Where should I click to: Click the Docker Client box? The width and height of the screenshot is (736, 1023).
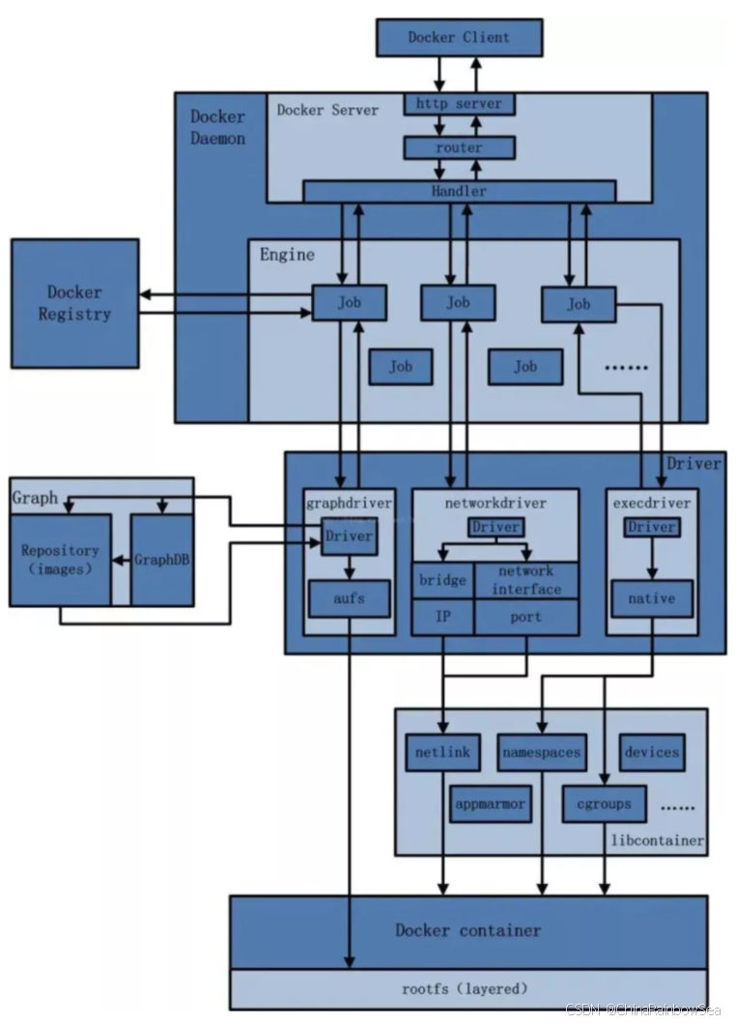[459, 38]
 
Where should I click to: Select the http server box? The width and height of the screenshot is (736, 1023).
[459, 103]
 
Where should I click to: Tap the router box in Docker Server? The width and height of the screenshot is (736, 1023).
[459, 148]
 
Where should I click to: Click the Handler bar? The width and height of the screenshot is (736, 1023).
[459, 191]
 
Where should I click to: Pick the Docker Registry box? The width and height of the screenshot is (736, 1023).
[74, 303]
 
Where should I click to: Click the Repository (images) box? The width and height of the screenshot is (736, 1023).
[60, 560]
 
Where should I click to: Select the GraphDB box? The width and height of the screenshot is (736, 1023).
[161, 560]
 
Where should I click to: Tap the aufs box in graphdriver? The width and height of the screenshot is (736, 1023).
[349, 599]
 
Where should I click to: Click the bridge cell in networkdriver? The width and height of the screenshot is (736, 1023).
[442, 581]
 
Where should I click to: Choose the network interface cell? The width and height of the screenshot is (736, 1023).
[526, 581]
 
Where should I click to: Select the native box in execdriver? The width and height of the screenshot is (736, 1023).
[651, 598]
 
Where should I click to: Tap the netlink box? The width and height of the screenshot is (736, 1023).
[442, 752]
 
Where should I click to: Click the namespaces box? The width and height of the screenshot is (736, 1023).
[541, 752]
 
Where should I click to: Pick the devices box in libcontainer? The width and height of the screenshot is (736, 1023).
[652, 752]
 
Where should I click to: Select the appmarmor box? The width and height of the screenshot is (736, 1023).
[491, 804]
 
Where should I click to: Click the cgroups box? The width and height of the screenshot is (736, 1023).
[604, 804]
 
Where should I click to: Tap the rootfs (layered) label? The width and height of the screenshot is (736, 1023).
[465, 988]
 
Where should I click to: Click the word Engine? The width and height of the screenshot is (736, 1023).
[287, 255]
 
